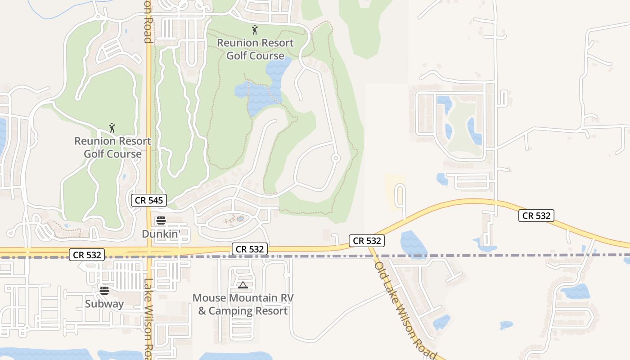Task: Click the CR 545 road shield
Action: click(x=149, y=200)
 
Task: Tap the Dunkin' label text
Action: click(x=161, y=234)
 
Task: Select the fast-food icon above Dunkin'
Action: click(x=161, y=220)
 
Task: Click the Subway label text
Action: click(x=104, y=304)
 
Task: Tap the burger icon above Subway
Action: click(x=104, y=291)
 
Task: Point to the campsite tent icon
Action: click(x=243, y=285)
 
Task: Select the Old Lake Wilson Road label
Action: click(x=405, y=310)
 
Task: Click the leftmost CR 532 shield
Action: click(x=87, y=255)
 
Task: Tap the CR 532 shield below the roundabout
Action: click(x=250, y=249)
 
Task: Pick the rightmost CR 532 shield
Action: click(x=536, y=216)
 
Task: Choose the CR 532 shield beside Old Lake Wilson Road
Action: click(x=367, y=241)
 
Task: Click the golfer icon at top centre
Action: click(x=255, y=30)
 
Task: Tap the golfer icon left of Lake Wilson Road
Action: click(x=112, y=128)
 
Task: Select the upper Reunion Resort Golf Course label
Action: click(x=255, y=49)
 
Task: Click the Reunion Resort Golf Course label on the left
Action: click(x=112, y=147)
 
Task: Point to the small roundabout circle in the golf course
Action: click(x=335, y=158)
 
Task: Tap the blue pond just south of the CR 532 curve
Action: click(x=413, y=244)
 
